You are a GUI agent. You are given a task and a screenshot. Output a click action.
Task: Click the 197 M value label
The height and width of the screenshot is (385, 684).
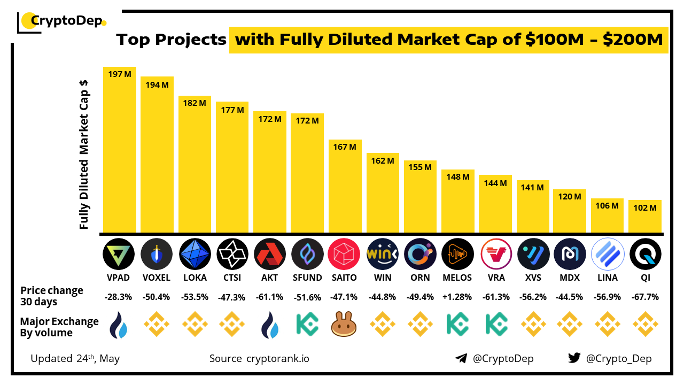[120, 74]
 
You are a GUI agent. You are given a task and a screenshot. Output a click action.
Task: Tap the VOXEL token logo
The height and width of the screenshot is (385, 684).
[157, 254]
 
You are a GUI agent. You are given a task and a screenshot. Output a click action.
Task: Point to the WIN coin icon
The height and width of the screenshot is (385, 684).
[383, 254]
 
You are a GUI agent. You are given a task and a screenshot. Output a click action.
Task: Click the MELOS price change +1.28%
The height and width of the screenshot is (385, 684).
[457, 297]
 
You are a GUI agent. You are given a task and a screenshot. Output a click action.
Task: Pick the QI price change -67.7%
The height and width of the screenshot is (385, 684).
[645, 297]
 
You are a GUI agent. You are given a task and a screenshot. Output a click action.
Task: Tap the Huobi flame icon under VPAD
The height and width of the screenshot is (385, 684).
[119, 325]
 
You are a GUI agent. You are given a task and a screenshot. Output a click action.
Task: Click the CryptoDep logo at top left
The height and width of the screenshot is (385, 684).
[62, 21]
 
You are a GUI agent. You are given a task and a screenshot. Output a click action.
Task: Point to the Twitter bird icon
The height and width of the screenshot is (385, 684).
[574, 358]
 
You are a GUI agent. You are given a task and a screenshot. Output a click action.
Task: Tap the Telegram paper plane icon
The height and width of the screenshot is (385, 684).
[461, 358]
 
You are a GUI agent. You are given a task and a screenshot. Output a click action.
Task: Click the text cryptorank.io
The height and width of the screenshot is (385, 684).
[277, 358]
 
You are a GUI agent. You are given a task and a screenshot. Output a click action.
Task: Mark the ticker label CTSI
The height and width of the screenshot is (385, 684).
[232, 278]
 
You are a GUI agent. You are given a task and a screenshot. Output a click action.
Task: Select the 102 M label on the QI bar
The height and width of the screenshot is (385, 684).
[645, 207]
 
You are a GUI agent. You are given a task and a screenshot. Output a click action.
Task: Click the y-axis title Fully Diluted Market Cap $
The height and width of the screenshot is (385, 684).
[84, 155]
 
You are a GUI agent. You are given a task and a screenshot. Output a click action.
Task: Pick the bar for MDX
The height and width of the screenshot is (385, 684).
[570, 211]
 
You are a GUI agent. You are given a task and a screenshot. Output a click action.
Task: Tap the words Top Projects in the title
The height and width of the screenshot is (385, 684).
[171, 40]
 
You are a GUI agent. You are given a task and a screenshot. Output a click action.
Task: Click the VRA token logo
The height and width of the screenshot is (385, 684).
[495, 254]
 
